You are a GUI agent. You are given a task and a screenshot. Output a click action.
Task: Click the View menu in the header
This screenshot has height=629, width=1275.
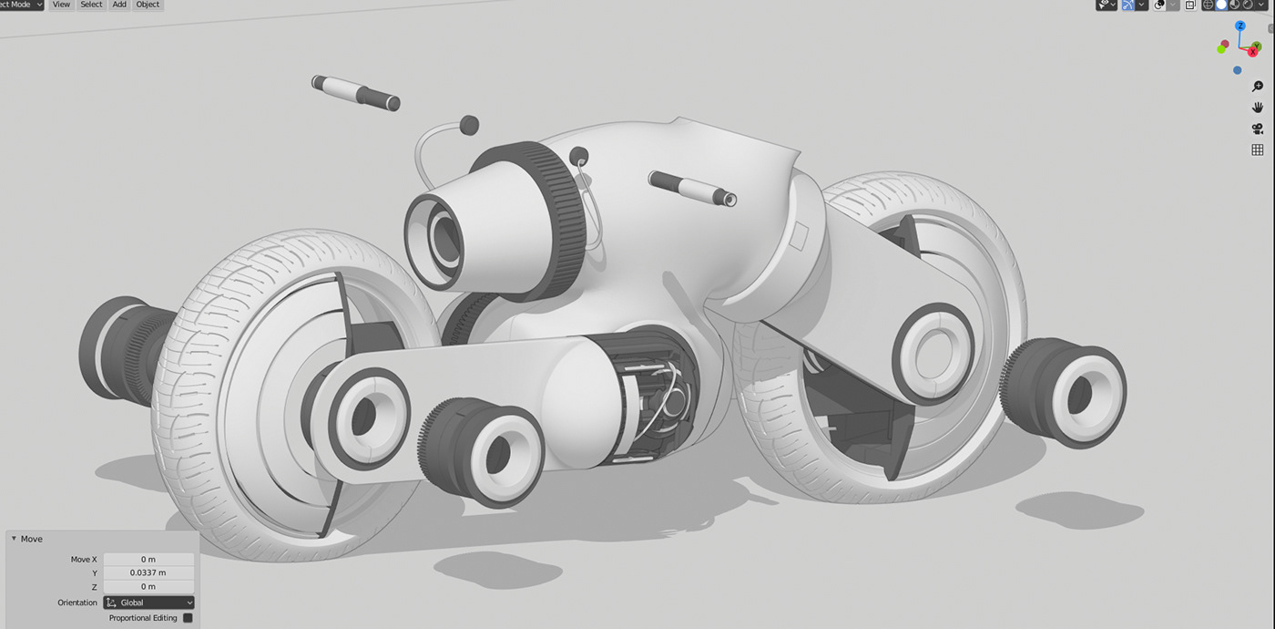click(61, 5)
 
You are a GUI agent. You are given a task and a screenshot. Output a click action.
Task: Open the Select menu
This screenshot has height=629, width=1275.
click(91, 5)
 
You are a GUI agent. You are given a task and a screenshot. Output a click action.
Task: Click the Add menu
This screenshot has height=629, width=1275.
click(119, 5)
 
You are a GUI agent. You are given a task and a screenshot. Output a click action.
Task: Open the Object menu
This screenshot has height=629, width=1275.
click(148, 5)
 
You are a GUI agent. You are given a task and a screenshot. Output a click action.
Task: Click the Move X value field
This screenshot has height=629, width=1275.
click(148, 559)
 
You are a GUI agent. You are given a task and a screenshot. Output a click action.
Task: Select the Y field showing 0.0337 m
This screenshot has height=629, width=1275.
click(148, 572)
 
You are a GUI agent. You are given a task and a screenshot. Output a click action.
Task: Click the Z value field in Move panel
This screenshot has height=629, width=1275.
click(148, 586)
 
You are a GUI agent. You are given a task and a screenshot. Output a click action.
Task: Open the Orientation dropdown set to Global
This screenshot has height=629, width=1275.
click(149, 603)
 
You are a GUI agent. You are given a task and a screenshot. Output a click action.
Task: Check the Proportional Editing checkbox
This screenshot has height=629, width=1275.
click(188, 618)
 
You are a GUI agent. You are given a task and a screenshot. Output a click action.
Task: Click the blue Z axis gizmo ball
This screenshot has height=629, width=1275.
click(1240, 26)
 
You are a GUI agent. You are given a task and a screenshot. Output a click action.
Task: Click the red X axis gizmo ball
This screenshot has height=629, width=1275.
click(1253, 52)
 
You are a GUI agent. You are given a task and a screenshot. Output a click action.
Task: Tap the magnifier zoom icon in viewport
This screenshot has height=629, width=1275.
click(1258, 87)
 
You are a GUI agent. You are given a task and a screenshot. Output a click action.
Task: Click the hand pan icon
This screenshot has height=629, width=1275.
click(1258, 108)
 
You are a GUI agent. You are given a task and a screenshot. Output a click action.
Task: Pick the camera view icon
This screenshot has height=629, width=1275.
click(1258, 129)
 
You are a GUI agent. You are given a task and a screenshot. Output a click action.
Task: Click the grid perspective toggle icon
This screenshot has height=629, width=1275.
click(1258, 150)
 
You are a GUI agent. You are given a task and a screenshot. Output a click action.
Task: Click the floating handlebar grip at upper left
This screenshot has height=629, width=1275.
click(355, 92)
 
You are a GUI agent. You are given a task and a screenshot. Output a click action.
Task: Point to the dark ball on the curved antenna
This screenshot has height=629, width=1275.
click(469, 124)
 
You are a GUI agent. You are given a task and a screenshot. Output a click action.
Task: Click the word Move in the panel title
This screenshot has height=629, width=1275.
click(32, 539)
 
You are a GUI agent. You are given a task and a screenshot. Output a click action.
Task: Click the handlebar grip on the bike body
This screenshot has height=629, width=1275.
click(692, 187)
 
